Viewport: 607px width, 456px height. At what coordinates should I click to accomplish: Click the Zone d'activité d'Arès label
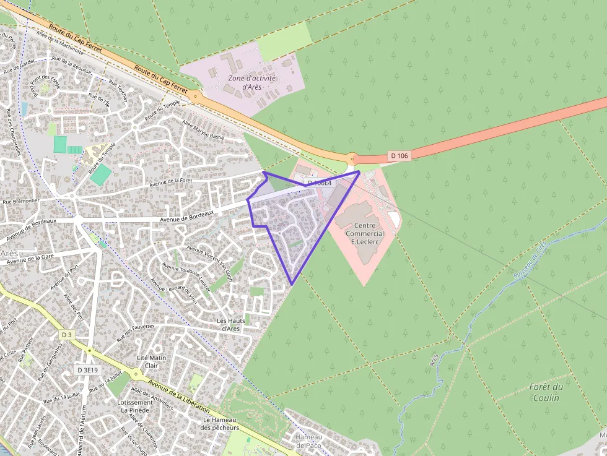(x=251, y=82)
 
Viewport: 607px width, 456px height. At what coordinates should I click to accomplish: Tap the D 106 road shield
(x=400, y=155)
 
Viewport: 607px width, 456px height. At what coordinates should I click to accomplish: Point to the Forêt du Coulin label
(x=546, y=392)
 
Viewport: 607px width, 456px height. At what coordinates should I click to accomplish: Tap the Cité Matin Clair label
(x=151, y=361)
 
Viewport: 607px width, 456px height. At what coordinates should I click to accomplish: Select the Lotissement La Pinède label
(x=135, y=406)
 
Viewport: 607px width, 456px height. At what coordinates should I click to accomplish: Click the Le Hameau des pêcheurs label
(x=221, y=423)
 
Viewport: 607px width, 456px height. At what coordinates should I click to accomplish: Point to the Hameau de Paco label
(x=308, y=441)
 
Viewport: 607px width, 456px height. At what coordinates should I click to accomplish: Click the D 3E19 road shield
(x=88, y=369)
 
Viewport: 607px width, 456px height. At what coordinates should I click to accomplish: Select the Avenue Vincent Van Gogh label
(x=209, y=263)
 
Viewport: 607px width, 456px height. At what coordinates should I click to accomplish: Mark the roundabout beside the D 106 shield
(x=352, y=158)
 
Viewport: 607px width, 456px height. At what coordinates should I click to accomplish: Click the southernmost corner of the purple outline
(x=292, y=284)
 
